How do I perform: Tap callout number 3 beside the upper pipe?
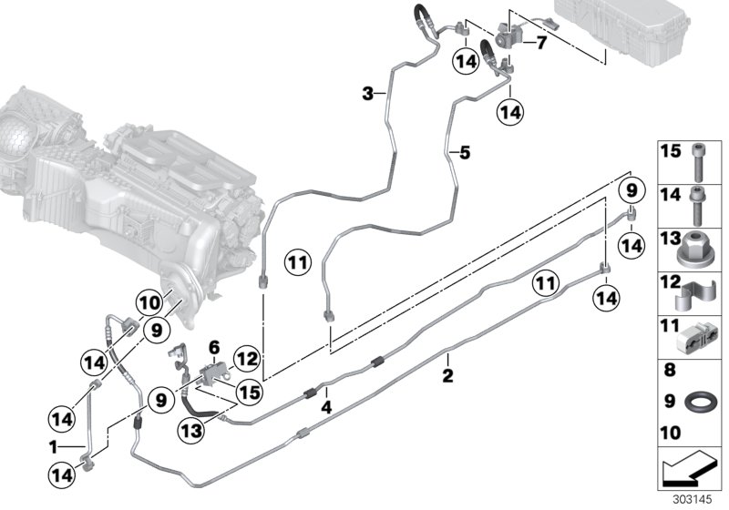coord(368,93)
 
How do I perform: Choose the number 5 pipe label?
coord(464,153)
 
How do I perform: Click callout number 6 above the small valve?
coord(214,347)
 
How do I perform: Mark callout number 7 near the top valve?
coord(541,43)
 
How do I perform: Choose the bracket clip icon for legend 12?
coord(698,293)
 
